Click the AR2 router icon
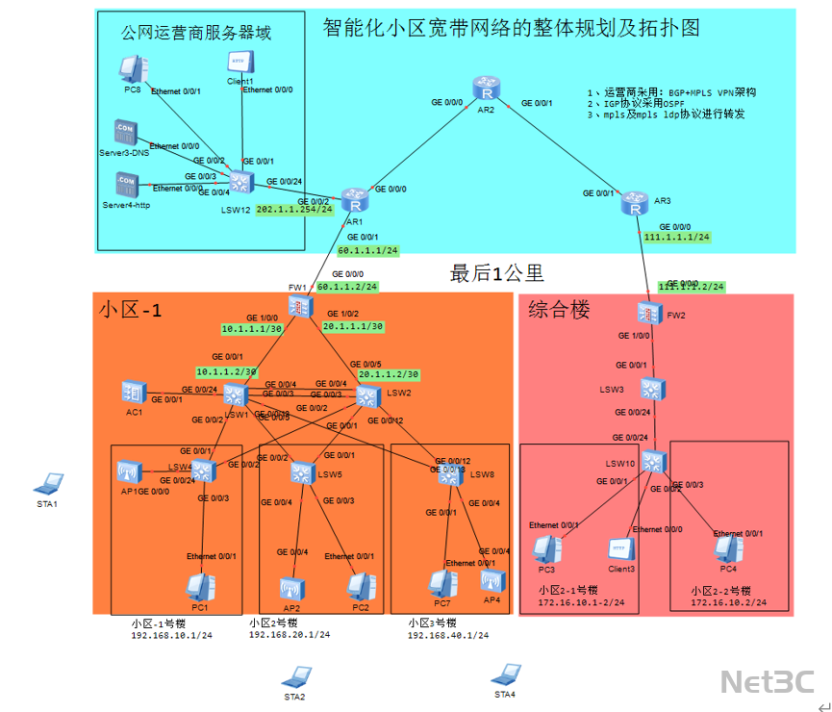[x=489, y=93]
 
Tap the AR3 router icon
[x=634, y=203]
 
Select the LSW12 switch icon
[x=240, y=182]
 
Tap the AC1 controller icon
[x=134, y=392]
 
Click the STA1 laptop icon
[x=48, y=483]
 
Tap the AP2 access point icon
[x=291, y=589]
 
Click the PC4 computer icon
[x=727, y=549]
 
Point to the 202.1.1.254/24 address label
[x=294, y=209]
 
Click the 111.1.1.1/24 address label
[x=677, y=237]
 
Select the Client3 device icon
[x=620, y=550]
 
